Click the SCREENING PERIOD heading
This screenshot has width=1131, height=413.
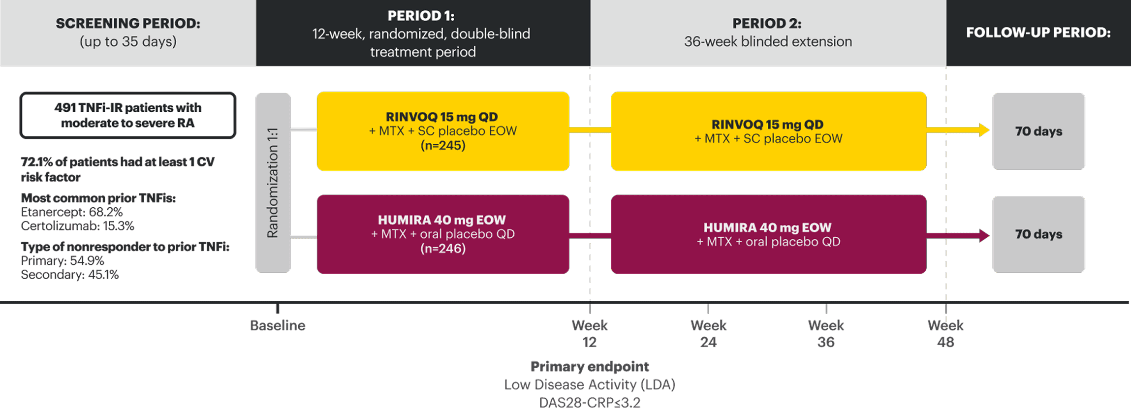pyautogui.click(x=128, y=23)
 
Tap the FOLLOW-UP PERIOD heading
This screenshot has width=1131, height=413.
pyautogui.click(x=1038, y=32)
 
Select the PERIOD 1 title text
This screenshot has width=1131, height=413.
pyautogui.click(x=421, y=16)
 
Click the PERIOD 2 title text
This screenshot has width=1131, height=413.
pyautogui.click(x=767, y=23)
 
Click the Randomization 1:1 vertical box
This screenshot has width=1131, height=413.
pyautogui.click(x=273, y=183)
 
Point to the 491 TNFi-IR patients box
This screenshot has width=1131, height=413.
pyautogui.click(x=128, y=115)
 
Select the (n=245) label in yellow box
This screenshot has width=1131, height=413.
pyautogui.click(x=443, y=145)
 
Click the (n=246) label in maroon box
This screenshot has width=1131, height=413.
pyautogui.click(x=443, y=249)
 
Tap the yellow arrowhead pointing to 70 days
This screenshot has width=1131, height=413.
pyautogui.click(x=984, y=130)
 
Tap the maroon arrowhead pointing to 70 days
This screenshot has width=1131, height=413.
pyautogui.click(x=984, y=236)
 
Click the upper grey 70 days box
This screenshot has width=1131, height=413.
pyautogui.click(x=1038, y=131)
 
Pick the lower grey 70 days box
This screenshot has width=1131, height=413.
pyautogui.click(x=1038, y=234)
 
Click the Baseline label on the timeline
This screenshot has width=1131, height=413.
pyautogui.click(x=278, y=325)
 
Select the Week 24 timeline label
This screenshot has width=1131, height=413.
pyautogui.click(x=708, y=333)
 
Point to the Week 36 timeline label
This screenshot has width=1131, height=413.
pyautogui.click(x=826, y=333)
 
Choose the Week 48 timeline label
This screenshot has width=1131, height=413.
pyautogui.click(x=945, y=333)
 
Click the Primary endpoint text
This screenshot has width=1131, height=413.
pyautogui.click(x=590, y=366)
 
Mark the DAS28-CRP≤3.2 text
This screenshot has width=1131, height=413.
pyautogui.click(x=590, y=403)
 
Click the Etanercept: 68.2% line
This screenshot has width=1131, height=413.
pyautogui.click(x=72, y=212)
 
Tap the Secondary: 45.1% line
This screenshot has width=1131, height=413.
pyautogui.click(x=70, y=275)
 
